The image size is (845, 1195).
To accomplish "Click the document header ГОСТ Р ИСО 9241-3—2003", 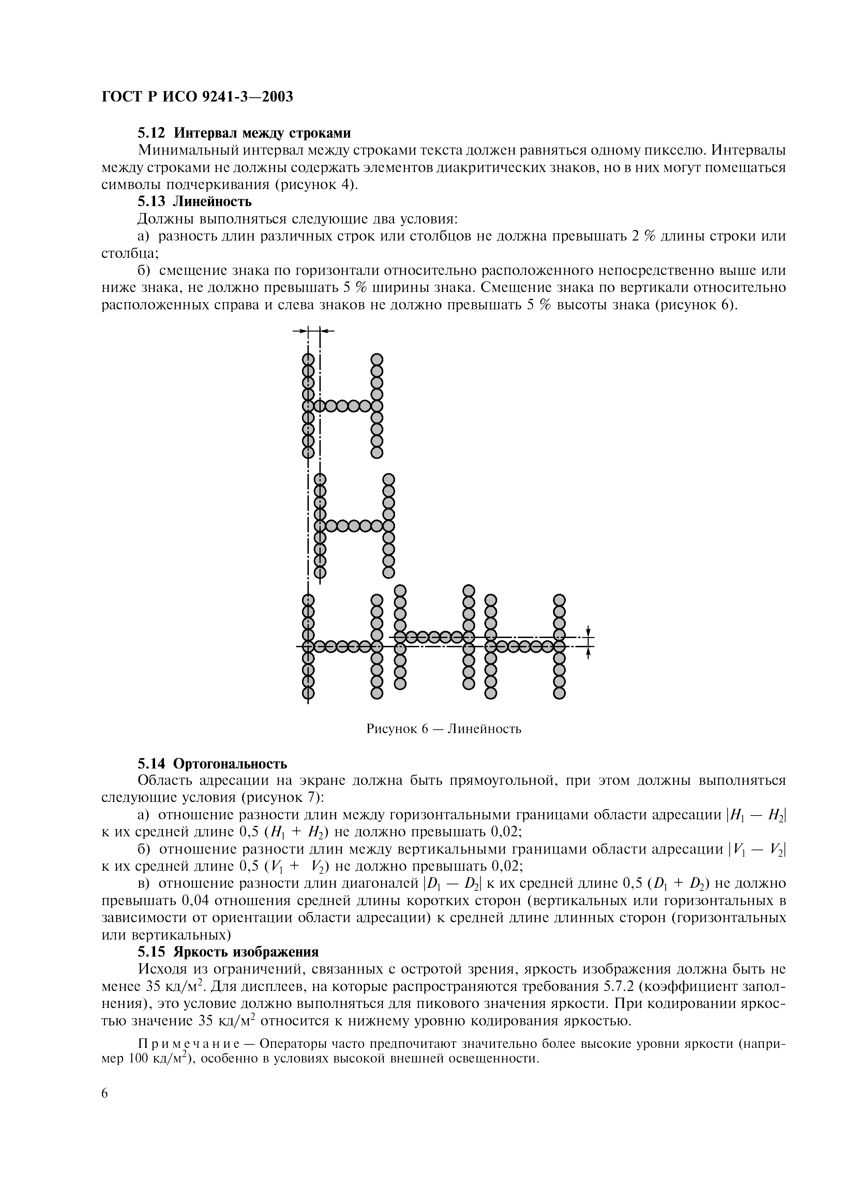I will [197, 97].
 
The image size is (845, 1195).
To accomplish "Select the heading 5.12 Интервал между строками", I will [244, 133].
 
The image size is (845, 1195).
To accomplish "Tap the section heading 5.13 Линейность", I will [195, 201].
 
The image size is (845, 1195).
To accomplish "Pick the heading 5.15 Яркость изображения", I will [227, 952].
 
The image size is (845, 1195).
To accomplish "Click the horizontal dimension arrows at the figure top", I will [314, 330].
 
